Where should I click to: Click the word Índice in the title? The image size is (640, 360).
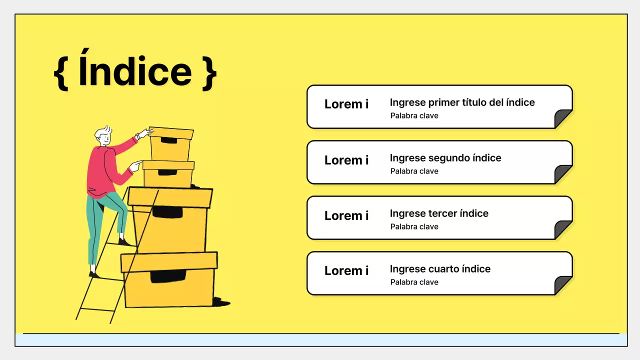135,67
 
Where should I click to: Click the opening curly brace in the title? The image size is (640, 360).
61,73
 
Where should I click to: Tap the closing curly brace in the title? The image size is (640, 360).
209,73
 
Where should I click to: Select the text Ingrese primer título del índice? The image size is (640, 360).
462,102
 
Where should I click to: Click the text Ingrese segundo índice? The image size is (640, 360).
445,158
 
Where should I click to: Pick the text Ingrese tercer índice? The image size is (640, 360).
439,213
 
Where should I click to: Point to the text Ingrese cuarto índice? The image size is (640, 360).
440,269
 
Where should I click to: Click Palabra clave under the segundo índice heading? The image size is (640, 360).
414,171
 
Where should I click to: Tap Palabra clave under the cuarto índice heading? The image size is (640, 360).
414,282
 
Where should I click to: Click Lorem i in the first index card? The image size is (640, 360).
346,104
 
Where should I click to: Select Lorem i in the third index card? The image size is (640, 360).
346,215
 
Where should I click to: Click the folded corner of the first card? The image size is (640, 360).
562,118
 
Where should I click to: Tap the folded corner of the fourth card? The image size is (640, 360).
562,285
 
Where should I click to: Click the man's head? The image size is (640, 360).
103,136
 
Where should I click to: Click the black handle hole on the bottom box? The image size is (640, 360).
168,276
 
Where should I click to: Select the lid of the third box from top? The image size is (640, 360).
170,197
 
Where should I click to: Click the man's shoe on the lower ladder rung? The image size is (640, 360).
94,275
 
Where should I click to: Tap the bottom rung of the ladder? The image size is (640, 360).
96,309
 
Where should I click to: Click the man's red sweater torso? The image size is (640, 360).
101,172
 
